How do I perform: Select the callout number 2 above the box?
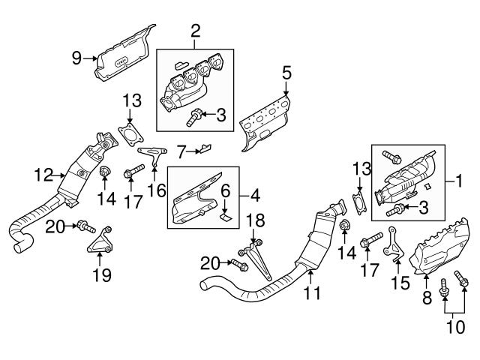(x=196, y=31)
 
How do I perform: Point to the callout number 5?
(x=286, y=72)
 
